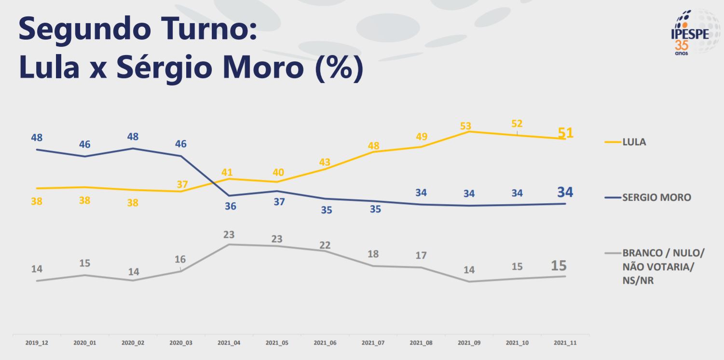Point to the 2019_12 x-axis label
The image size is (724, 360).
(x=37, y=343)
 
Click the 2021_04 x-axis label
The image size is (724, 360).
(x=229, y=343)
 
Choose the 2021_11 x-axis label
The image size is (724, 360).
(x=565, y=343)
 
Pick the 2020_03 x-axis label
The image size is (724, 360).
(x=181, y=343)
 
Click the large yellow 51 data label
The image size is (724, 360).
(x=565, y=132)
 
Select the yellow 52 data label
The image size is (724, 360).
(x=517, y=124)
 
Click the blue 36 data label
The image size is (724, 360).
(x=231, y=206)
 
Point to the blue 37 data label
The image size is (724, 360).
(x=279, y=202)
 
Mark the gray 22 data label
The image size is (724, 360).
(x=325, y=245)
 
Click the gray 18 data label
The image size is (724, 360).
(x=373, y=254)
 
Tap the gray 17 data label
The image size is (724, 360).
(x=421, y=255)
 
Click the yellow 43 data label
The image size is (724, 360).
(x=325, y=162)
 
